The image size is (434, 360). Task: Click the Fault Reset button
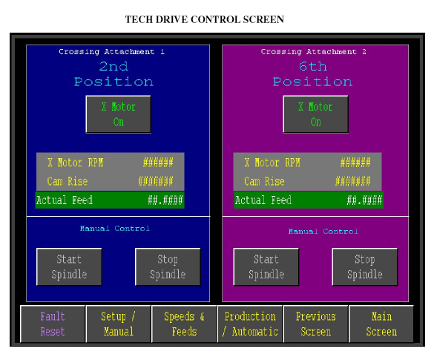tap(53, 324)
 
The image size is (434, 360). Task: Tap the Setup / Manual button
tap(119, 324)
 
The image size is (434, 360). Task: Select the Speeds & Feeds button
tap(184, 324)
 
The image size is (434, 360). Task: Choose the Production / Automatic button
tap(250, 324)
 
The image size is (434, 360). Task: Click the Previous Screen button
tap(316, 324)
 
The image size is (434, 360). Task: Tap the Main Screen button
tap(381, 324)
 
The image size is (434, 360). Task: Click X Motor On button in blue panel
tap(119, 114)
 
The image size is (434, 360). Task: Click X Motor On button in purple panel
tap(316, 114)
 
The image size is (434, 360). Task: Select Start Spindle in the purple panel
tap(266, 267)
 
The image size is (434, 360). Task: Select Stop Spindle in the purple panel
tap(365, 267)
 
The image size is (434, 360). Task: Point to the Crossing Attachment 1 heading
tap(112, 51)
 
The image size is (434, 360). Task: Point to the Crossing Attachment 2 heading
tap(314, 51)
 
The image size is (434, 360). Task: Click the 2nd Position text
tap(114, 74)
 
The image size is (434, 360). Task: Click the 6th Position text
tap(313, 74)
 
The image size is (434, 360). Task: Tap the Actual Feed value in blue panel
tap(165, 200)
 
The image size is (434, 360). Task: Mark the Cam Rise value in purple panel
tap(353, 181)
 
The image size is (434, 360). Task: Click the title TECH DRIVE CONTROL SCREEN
tap(205, 19)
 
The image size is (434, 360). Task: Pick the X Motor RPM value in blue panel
tap(158, 163)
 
